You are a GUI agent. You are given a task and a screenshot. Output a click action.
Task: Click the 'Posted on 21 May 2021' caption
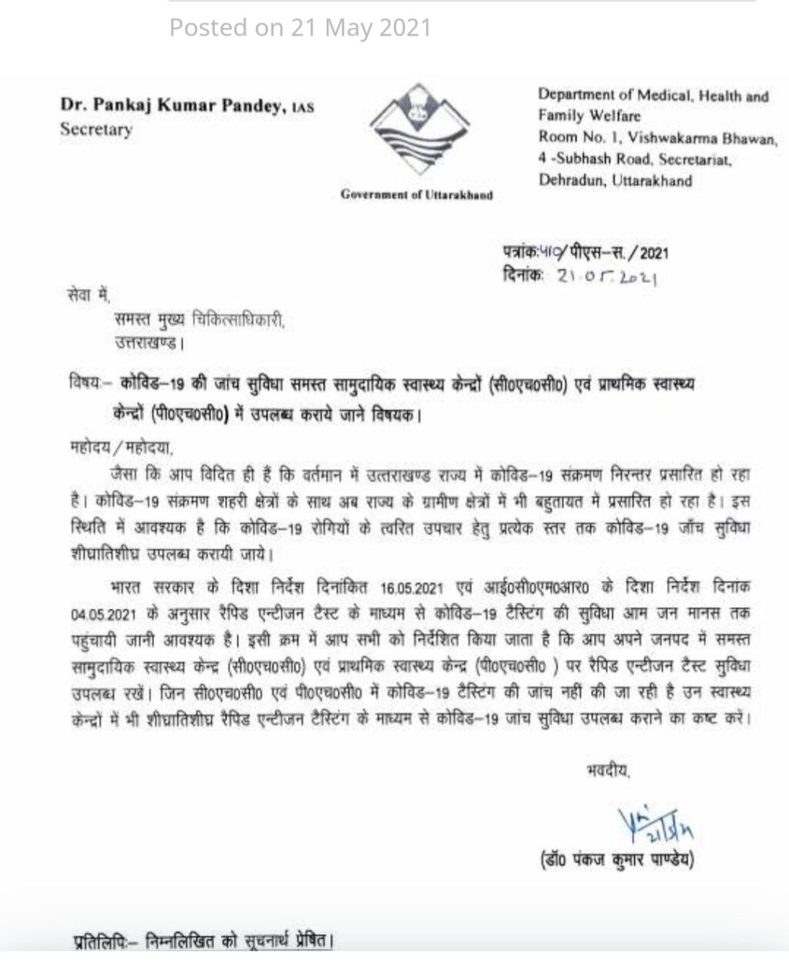click(300, 28)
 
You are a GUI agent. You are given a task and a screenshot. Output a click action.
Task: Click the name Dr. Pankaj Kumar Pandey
click(178, 106)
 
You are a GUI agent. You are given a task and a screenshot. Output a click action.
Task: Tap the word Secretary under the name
click(96, 129)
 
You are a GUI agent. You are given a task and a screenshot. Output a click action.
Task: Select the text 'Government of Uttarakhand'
click(416, 194)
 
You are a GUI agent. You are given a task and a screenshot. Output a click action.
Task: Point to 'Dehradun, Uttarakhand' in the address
click(615, 181)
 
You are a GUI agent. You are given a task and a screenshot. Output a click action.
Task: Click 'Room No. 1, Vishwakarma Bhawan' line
click(657, 138)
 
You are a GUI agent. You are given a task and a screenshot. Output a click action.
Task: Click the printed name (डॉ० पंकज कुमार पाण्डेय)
click(616, 858)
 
